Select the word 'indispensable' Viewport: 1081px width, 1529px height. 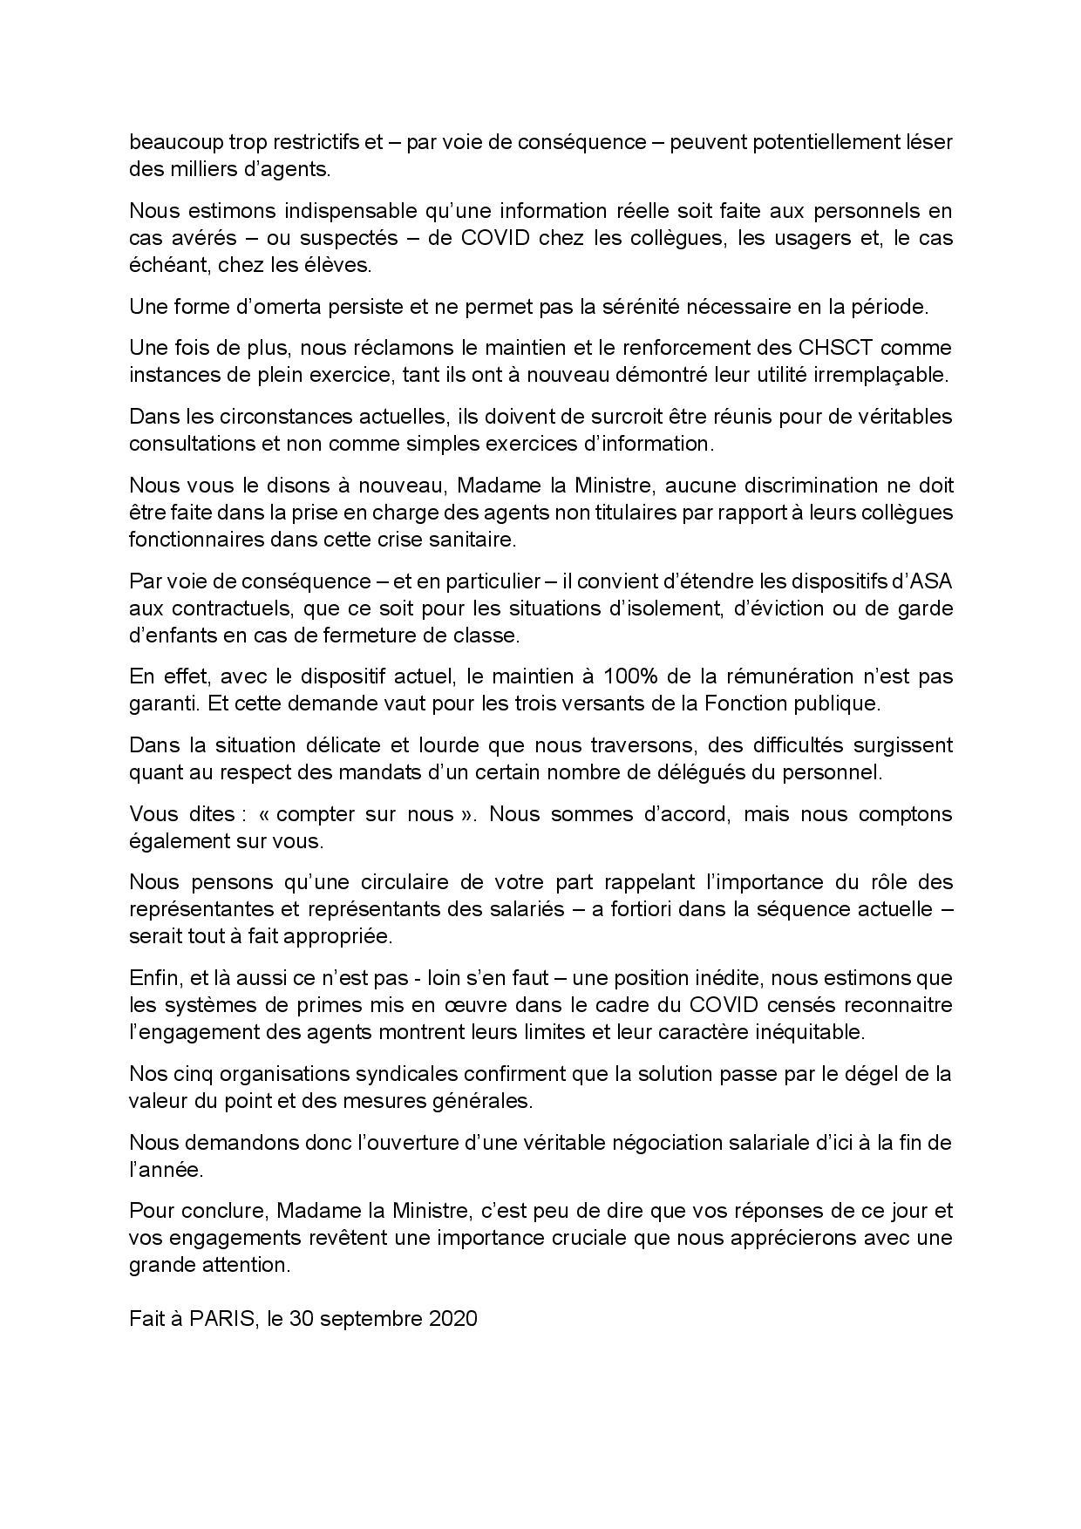click(348, 210)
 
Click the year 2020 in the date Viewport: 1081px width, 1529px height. click(453, 1318)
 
